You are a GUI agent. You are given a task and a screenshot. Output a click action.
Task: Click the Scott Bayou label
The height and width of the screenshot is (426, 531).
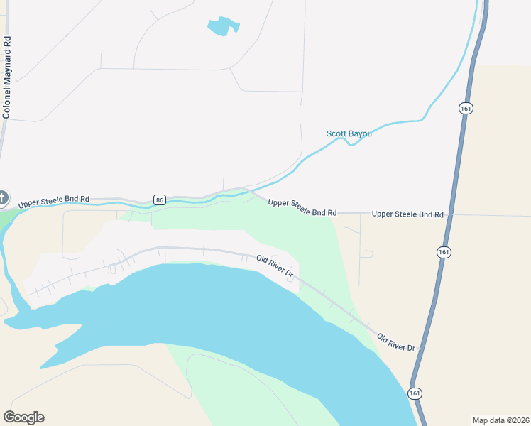349,133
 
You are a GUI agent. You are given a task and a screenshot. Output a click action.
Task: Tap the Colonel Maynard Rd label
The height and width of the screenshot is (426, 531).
7,78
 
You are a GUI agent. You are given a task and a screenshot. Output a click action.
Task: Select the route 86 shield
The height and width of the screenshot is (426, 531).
160,200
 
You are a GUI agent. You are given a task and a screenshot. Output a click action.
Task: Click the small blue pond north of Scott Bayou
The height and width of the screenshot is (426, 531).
222,26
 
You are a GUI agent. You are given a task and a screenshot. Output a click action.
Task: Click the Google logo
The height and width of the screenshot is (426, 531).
23,417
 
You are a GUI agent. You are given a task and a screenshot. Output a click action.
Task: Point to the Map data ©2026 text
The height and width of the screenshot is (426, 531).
500,420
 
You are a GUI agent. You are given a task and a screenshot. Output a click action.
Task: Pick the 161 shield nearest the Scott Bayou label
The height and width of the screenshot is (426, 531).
465,108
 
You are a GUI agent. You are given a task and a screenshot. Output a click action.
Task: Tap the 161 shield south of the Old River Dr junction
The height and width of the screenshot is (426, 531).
415,393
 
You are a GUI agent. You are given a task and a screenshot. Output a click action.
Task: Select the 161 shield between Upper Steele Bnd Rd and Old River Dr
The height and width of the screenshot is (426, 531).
444,252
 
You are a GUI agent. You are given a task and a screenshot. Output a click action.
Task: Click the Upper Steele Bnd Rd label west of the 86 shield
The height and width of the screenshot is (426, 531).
54,201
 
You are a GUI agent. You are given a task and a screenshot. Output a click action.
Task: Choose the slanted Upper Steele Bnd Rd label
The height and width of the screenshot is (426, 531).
302,208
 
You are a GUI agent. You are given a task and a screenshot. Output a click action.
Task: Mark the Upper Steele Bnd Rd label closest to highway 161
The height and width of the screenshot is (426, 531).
407,214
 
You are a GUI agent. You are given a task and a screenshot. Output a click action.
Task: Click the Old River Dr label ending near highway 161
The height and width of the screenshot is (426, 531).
396,342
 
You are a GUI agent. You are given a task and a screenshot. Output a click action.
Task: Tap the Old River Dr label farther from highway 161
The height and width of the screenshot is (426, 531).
275,267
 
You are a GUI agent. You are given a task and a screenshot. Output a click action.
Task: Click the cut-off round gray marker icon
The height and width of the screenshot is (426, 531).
3,197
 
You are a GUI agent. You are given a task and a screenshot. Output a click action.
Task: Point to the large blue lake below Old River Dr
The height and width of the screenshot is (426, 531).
213,312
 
